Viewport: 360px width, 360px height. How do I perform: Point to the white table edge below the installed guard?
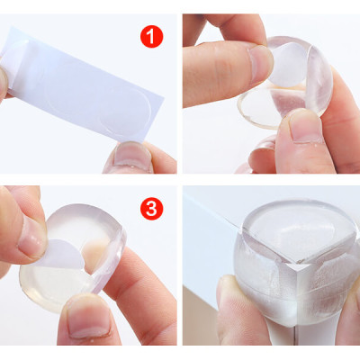(x=288, y=346)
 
